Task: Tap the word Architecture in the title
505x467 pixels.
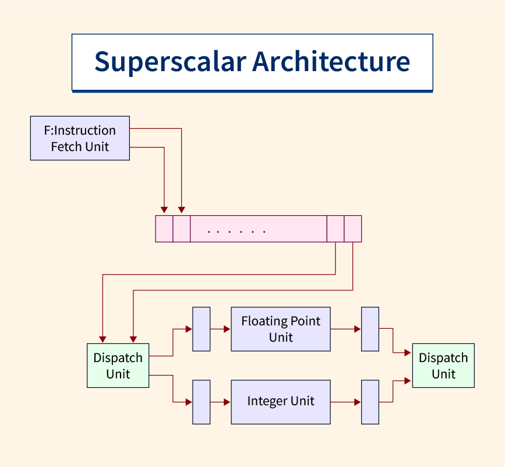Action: pyautogui.click(x=331, y=62)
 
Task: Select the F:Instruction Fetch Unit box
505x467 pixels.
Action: pyautogui.click(x=80, y=138)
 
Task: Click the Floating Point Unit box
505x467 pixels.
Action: pyautogui.click(x=280, y=329)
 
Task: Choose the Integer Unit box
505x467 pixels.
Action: pyautogui.click(x=280, y=402)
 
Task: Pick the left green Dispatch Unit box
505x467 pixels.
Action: pyautogui.click(x=118, y=366)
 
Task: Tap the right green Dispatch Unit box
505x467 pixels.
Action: pyautogui.click(x=443, y=366)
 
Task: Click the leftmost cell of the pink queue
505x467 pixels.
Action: pyautogui.click(x=164, y=229)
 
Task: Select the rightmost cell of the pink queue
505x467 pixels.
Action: pyautogui.click(x=353, y=229)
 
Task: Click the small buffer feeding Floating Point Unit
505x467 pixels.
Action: pyautogui.click(x=202, y=329)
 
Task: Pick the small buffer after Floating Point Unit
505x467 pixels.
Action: pyautogui.click(x=370, y=329)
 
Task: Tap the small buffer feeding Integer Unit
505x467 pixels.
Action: pyautogui.click(x=202, y=402)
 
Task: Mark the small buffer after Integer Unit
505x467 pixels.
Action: pyautogui.click(x=370, y=402)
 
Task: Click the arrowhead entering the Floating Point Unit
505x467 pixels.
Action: pyautogui.click(x=227, y=329)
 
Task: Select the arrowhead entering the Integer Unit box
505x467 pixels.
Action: pyautogui.click(x=227, y=402)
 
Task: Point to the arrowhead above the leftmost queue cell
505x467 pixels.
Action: pyautogui.click(x=164, y=210)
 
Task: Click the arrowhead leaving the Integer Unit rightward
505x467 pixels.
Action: pyautogui.click(x=357, y=402)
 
